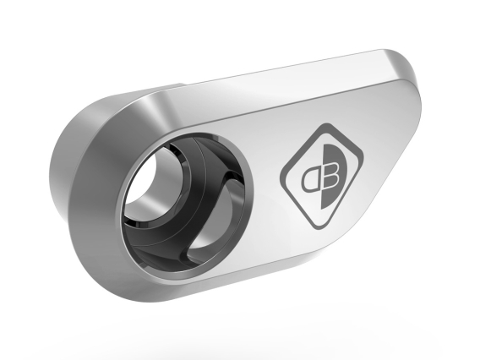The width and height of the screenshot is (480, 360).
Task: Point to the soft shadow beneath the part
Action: coord(254,325)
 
